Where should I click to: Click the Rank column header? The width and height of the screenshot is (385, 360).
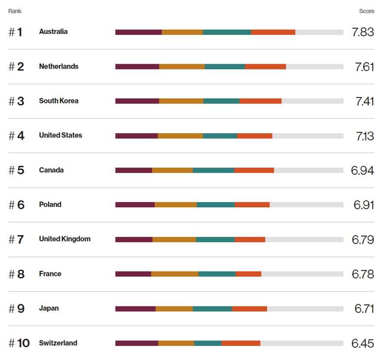[15, 11]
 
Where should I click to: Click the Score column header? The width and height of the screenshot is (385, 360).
[366, 11]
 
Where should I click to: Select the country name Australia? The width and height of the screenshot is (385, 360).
[53, 31]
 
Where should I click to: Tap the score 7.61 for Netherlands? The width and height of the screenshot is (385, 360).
[365, 67]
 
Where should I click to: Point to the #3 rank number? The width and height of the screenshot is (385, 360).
[17, 101]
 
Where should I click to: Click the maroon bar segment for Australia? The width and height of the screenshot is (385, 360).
[138, 32]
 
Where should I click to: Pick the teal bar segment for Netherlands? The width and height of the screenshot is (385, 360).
[225, 67]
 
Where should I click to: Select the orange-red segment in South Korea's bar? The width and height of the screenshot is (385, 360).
[261, 101]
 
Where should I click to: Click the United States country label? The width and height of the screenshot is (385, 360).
[60, 135]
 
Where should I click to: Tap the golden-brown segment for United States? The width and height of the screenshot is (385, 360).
[180, 136]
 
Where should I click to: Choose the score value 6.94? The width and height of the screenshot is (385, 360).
[362, 171]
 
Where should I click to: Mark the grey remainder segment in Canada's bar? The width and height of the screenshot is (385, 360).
[309, 170]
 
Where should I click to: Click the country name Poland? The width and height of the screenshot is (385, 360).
[50, 205]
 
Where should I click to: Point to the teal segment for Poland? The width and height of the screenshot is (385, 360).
[215, 205]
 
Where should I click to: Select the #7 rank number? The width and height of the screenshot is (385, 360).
[17, 240]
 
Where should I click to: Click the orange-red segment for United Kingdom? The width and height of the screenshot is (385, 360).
[250, 240]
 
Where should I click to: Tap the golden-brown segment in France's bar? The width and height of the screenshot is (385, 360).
[175, 274]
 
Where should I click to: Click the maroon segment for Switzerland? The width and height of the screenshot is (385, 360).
[137, 343]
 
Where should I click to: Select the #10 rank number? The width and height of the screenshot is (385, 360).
[19, 343]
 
